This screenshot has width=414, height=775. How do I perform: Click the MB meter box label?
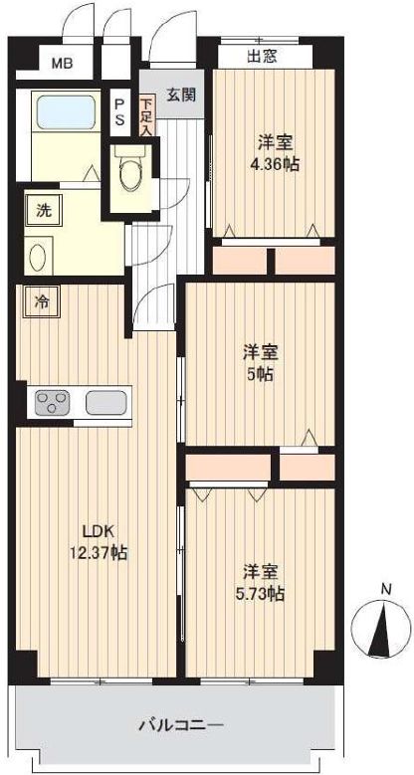pyautogui.click(x=63, y=64)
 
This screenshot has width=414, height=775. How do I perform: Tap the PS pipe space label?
pyautogui.click(x=120, y=111)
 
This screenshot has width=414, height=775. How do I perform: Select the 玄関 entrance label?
pyautogui.click(x=181, y=94)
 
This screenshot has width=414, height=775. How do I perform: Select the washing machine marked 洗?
pyautogui.click(x=43, y=210)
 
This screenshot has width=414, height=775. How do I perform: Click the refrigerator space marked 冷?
pyautogui.click(x=42, y=302)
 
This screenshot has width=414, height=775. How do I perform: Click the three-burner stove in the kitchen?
pyautogui.click(x=52, y=402)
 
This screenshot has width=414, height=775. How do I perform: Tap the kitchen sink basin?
pyautogui.click(x=105, y=402)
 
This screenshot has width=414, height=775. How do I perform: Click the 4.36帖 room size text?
pyautogui.click(x=274, y=164)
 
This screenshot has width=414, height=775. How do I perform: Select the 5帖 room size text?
pyautogui.click(x=260, y=375)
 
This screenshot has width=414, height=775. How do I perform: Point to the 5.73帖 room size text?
pyautogui.click(x=260, y=594)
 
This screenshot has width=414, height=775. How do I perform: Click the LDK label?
pyautogui.click(x=99, y=532)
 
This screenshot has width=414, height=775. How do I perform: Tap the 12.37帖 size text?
pyautogui.click(x=99, y=552)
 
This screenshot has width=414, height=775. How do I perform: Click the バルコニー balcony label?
pyautogui.click(x=180, y=725)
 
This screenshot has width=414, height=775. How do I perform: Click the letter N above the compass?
pyautogui.click(x=386, y=589)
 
